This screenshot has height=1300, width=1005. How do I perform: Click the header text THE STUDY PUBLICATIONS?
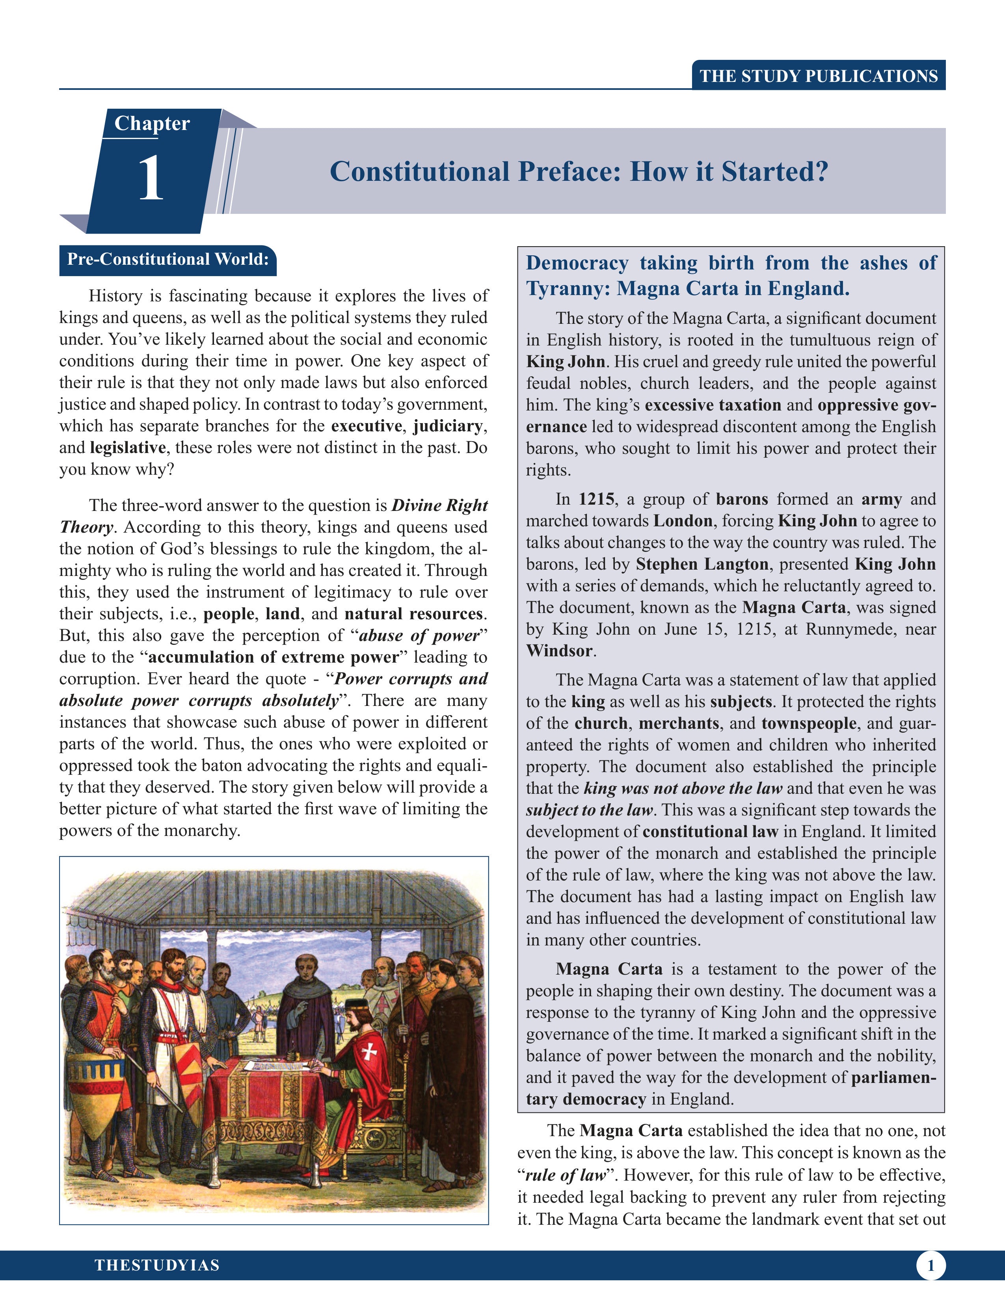point(819,76)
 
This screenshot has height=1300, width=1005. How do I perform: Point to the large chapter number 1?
point(151,178)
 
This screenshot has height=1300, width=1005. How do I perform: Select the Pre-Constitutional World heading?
point(168,260)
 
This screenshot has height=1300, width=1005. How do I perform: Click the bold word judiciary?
point(448,426)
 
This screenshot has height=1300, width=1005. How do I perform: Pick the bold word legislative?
point(127,448)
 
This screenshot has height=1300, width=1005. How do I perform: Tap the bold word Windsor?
point(559,651)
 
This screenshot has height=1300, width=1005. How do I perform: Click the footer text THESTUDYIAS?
point(157,1265)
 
